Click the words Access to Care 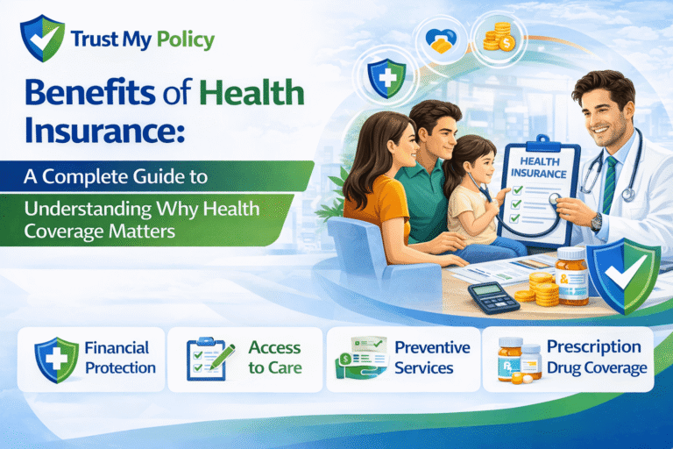pos(274,358)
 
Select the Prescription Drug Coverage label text pos(596,357)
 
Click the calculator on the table pos(493,296)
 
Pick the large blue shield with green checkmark pos(625,273)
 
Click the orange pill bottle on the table pos(571,276)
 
